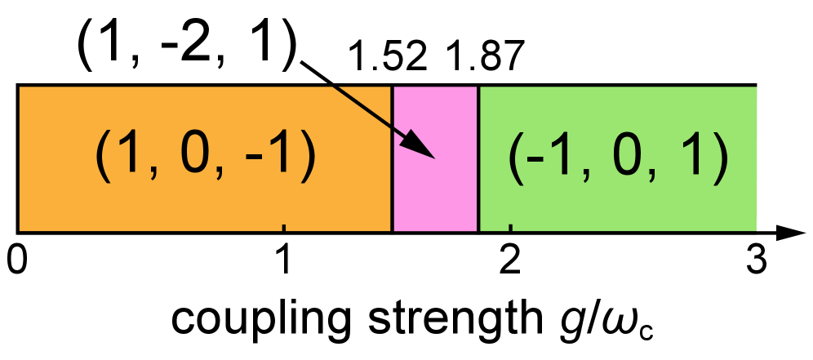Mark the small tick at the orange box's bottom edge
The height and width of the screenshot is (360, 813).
tap(283, 227)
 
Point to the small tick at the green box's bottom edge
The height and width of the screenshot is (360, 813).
tap(510, 227)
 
